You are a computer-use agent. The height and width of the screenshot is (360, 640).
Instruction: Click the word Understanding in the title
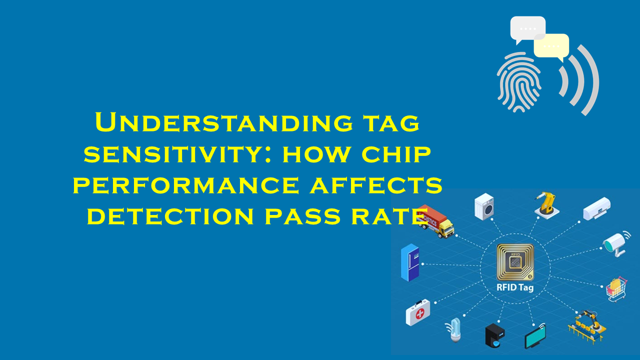pyautogui.click(x=224, y=122)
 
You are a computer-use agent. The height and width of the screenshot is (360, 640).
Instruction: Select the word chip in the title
pyautogui.click(x=396, y=154)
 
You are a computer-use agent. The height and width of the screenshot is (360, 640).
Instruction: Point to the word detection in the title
pyautogui.click(x=170, y=216)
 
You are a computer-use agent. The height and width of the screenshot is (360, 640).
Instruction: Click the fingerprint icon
pyautogui.click(x=519, y=82)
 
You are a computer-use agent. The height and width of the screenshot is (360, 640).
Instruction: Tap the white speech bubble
pyautogui.click(x=527, y=29)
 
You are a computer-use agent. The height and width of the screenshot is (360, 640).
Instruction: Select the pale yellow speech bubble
pyautogui.click(x=551, y=47)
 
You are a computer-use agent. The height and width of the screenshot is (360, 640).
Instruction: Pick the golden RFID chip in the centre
pyautogui.click(x=515, y=262)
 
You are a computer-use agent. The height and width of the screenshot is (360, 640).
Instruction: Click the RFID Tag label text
pyautogui.click(x=515, y=287)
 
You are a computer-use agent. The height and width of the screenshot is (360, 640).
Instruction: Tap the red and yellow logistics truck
pyautogui.click(x=435, y=221)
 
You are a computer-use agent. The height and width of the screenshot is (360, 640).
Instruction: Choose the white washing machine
pyautogui.click(x=484, y=206)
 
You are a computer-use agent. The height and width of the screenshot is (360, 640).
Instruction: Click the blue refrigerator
pyautogui.click(x=410, y=262)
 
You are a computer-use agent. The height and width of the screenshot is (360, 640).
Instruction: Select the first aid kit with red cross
pyautogui.click(x=417, y=312)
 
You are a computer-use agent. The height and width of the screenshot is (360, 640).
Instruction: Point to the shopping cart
pyautogui.click(x=616, y=289)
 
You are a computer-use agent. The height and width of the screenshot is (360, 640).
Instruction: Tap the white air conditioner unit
pyautogui.click(x=596, y=208)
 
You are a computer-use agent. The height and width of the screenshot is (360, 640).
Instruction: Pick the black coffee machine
pyautogui.click(x=495, y=335)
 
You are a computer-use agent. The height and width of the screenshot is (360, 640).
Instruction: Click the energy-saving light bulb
pyautogui.click(x=454, y=330)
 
